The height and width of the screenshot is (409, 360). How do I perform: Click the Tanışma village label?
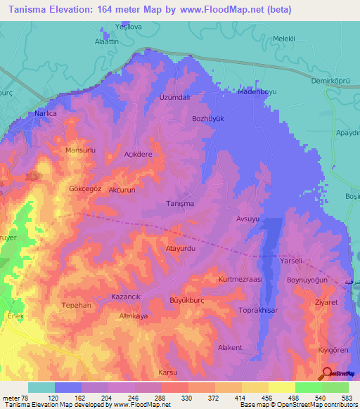tap(179, 204)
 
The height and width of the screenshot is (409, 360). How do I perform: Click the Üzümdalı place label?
tap(175, 96)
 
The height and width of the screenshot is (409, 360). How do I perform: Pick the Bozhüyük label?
tap(207, 119)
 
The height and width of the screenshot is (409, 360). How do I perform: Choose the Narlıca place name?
tap(46, 113)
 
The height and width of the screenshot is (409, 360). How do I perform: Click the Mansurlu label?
tap(79, 150)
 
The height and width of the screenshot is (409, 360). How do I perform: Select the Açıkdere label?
tap(138, 155)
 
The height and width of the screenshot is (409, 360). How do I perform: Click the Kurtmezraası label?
tap(240, 280)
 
